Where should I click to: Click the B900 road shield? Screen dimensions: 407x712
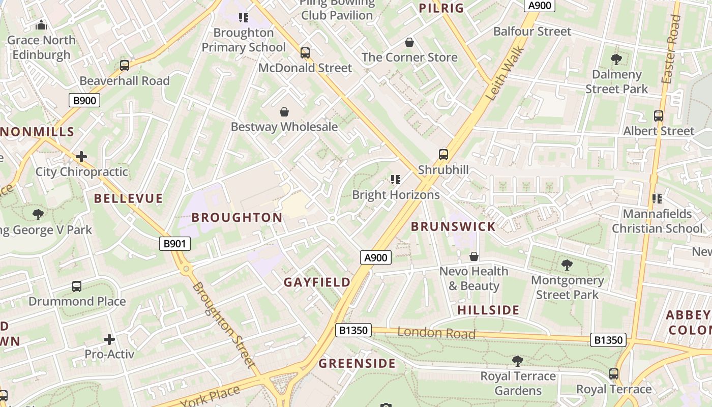84,100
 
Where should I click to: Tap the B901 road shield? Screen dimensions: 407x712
174,244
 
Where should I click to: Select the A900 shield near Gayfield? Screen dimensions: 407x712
376,257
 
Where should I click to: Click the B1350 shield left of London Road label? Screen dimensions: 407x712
353,330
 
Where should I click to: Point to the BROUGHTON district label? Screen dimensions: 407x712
237,217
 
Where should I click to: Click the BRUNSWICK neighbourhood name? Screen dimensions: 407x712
453,226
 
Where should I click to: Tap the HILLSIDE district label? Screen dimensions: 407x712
488,310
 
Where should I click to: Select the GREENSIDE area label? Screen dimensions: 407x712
357,363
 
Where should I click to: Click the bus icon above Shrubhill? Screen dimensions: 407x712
443,154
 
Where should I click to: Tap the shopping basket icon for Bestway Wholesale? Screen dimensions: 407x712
284,111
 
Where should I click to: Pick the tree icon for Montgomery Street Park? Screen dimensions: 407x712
567,265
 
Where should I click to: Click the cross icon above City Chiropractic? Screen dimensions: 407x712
81,156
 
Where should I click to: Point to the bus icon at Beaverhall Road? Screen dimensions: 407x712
125,65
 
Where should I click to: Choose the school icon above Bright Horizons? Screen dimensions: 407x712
395,179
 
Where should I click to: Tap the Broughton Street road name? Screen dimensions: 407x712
223,324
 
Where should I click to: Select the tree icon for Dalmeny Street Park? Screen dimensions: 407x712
616,59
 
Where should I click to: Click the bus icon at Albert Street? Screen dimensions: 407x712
659,115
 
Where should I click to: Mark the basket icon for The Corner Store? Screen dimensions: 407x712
409,42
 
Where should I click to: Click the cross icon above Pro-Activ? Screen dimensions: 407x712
109,339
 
